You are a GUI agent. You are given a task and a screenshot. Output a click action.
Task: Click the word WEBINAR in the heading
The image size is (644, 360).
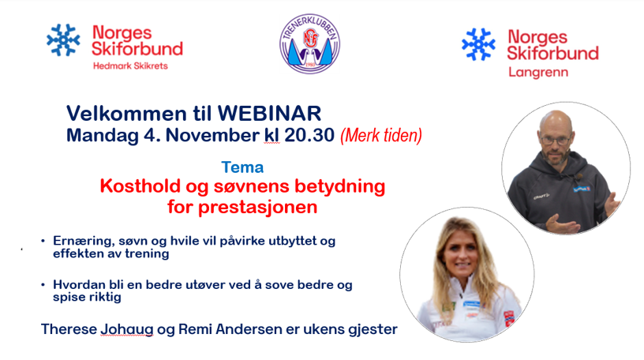269,114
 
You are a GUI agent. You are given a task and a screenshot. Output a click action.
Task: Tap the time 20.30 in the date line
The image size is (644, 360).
309,135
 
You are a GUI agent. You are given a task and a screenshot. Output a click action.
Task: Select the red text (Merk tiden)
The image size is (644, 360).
381,136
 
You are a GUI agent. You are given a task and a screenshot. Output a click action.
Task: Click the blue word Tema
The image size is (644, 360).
242,167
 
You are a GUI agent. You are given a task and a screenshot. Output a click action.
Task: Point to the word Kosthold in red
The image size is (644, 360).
140,186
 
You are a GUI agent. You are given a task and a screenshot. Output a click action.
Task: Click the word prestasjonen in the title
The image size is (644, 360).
258,207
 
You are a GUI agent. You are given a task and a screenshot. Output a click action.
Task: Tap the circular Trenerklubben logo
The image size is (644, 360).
309,43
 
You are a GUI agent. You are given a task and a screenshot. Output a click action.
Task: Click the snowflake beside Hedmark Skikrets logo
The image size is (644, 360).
63,39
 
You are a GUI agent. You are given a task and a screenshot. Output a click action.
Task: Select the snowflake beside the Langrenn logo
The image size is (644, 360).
478,44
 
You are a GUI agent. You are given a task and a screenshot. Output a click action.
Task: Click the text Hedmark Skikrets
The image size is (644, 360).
130,66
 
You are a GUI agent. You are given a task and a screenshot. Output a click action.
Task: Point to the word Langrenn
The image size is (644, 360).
538,73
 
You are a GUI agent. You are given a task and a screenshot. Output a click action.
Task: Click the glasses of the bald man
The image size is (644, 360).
555,141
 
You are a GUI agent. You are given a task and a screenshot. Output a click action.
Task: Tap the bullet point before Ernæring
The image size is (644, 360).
43,241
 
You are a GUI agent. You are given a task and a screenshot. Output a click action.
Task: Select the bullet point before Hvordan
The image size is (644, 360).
43,285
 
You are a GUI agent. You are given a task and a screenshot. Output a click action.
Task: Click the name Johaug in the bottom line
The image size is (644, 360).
127,329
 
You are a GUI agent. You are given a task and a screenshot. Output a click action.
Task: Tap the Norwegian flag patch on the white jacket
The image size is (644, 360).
509,317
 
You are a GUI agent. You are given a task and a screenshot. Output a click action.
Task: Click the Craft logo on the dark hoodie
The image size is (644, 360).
541,197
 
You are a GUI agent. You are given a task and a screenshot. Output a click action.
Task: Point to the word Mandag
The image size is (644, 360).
103,136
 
